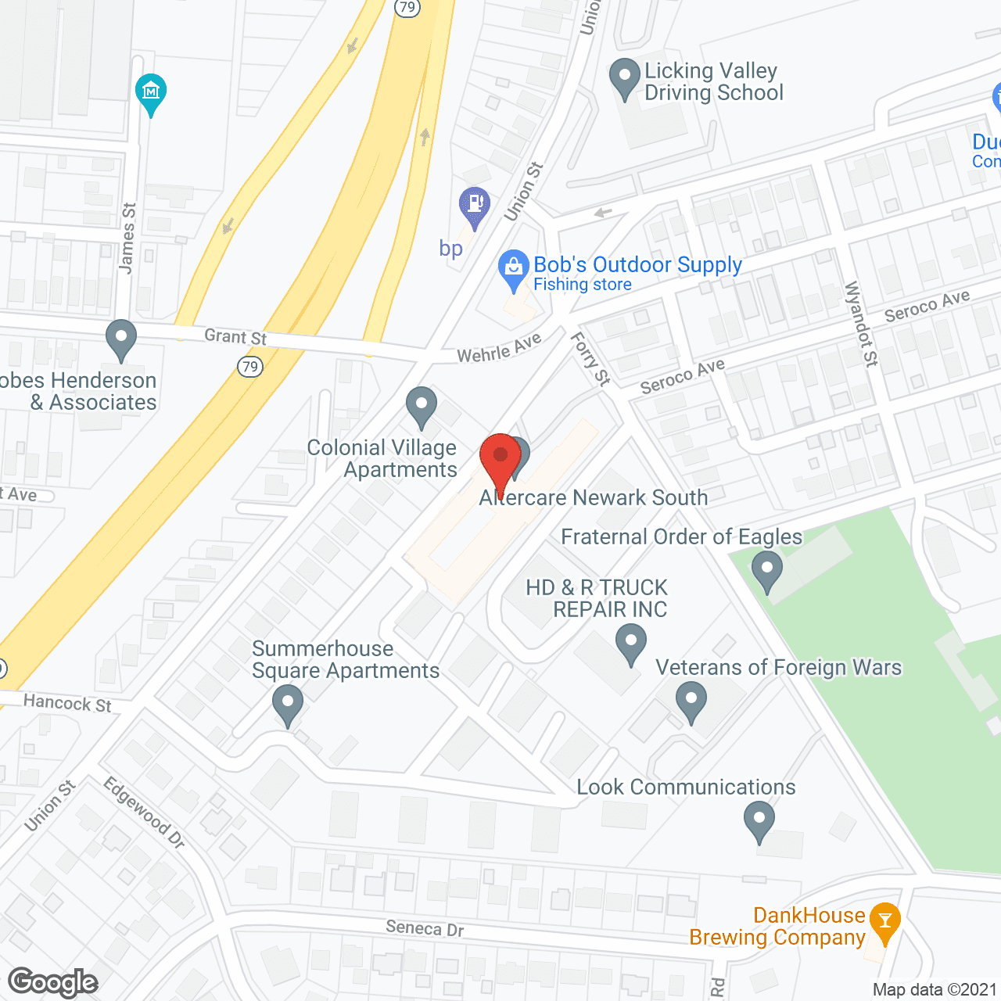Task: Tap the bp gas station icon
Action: click(x=474, y=204)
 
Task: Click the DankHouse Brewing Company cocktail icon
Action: click(x=884, y=920)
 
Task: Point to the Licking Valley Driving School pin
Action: click(x=624, y=77)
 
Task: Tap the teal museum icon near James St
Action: click(x=151, y=92)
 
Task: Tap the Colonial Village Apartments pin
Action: click(x=422, y=405)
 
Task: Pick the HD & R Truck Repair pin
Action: click(x=630, y=644)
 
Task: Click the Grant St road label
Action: click(x=235, y=337)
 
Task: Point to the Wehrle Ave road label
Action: click(x=499, y=349)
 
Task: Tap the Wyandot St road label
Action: click(x=861, y=323)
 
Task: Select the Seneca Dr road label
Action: click(x=425, y=928)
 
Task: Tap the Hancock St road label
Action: click(x=67, y=702)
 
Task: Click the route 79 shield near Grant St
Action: click(x=249, y=367)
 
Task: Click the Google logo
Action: click(x=53, y=982)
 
